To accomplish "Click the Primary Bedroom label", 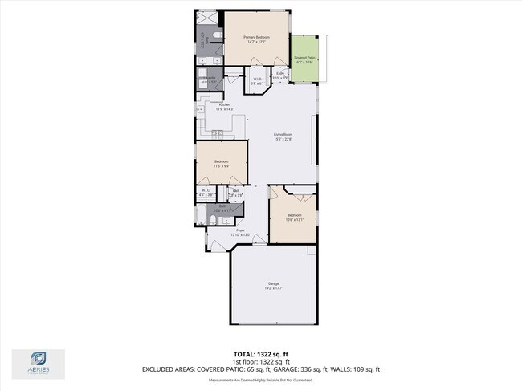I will pyautogui.click(x=257, y=39).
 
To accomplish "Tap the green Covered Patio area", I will pyautogui.click(x=304, y=59).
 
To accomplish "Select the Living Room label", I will pyautogui.click(x=283, y=136).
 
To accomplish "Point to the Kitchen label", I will pyautogui.click(x=225, y=107).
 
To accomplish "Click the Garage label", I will pyautogui.click(x=274, y=285).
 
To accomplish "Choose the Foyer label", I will pyautogui.click(x=240, y=232).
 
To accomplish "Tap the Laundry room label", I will pyautogui.click(x=209, y=79).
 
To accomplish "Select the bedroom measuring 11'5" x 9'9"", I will pyautogui.click(x=222, y=164).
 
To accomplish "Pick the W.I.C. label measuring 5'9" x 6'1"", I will pyautogui.click(x=256, y=80).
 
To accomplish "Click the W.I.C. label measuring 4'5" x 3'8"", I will pyautogui.click(x=206, y=192).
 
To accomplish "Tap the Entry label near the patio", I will pyautogui.click(x=280, y=75).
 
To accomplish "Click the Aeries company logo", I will pyautogui.click(x=38, y=362).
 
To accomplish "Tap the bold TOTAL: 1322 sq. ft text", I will pyautogui.click(x=260, y=354).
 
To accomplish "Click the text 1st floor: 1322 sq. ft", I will pyautogui.click(x=260, y=361).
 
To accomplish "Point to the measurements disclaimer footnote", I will pyautogui.click(x=260, y=381).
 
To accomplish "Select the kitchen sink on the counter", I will pyautogui.click(x=218, y=133).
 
